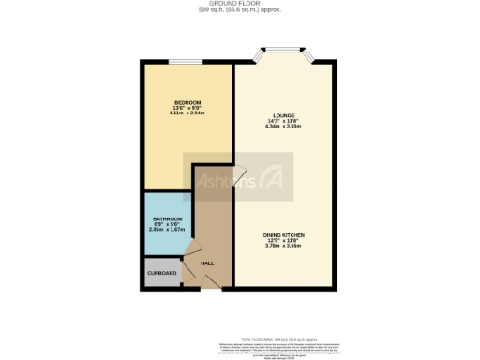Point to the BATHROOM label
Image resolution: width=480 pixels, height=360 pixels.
pyautogui.click(x=168, y=219)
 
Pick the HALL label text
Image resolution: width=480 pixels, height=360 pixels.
pyautogui.click(x=208, y=263)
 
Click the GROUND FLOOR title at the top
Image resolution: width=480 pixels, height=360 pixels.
pyautogui.click(x=240, y=4)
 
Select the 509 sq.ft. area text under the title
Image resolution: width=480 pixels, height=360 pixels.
pyautogui.click(x=240, y=11)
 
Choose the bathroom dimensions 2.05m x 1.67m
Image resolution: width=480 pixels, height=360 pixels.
pyautogui.click(x=168, y=231)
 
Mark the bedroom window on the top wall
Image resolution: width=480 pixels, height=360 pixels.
pyautogui.click(x=184, y=63)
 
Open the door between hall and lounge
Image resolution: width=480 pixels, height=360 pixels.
pyautogui.click(x=237, y=174)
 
